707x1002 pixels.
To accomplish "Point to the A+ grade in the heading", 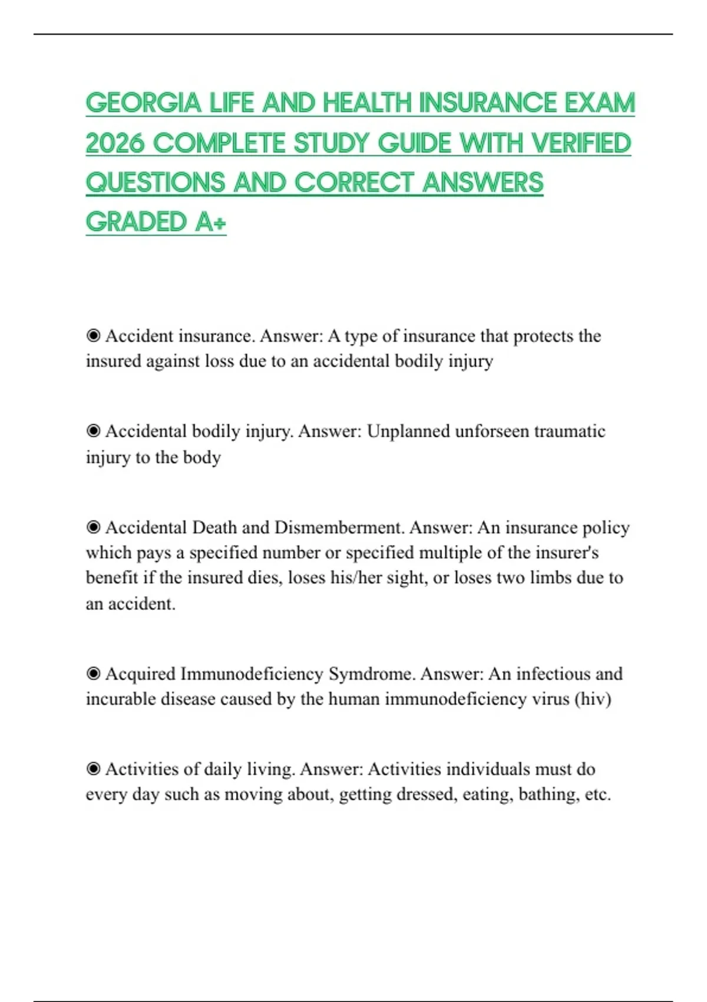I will pos(211,222).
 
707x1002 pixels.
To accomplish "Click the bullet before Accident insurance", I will pos(93,336).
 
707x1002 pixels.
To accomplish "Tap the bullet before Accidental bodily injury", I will pos(93,431).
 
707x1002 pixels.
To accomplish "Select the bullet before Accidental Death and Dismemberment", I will pos(93,527).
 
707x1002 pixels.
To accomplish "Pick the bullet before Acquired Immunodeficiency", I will pos(93,674).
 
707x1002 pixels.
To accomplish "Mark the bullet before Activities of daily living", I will pos(93,769).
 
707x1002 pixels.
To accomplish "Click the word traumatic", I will pos(570,431).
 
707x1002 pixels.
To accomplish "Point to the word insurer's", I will pos(566,552).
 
